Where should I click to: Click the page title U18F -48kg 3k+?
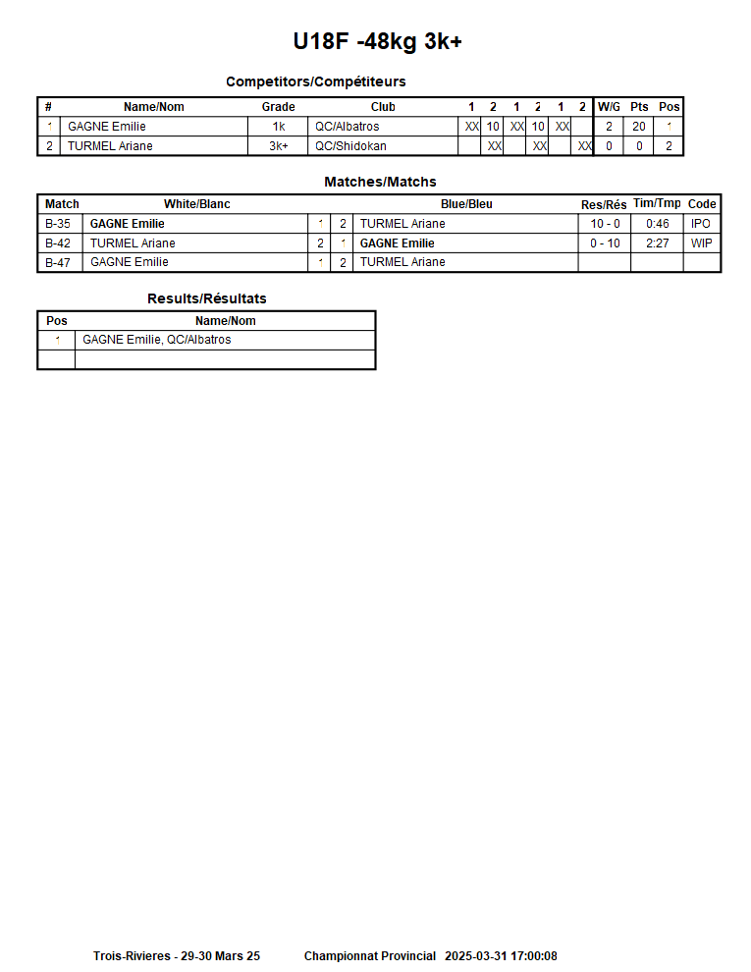click(x=377, y=42)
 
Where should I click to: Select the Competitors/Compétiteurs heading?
click(x=315, y=81)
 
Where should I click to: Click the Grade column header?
click(x=278, y=107)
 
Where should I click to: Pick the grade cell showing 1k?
click(x=278, y=127)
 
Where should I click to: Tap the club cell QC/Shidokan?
click(x=350, y=146)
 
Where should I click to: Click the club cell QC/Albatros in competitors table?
click(x=347, y=127)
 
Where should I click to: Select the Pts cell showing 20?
click(x=639, y=127)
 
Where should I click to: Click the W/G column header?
click(x=609, y=107)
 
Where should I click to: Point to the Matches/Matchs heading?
click(x=380, y=182)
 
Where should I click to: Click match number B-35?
click(x=58, y=224)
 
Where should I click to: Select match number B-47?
click(x=58, y=262)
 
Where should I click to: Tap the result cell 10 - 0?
click(x=605, y=224)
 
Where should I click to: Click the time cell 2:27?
click(x=657, y=243)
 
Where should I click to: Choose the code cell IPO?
click(x=701, y=224)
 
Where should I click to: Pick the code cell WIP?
click(x=701, y=243)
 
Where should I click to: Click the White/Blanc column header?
click(x=196, y=204)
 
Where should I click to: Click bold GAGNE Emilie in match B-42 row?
click(x=397, y=243)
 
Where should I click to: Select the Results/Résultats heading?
click(x=206, y=298)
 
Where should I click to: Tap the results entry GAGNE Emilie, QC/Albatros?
click(x=157, y=340)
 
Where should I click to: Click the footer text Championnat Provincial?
click(x=369, y=956)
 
